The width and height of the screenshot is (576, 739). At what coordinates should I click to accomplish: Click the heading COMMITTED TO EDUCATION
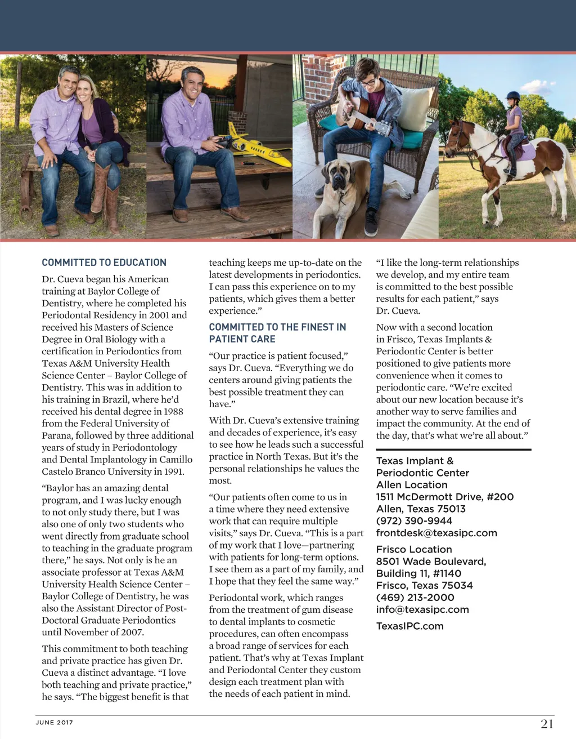pyautogui.click(x=104, y=262)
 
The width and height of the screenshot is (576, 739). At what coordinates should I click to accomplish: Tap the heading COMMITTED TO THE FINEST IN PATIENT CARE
pyautogui.click(x=277, y=333)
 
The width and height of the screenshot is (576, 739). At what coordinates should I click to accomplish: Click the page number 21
pyautogui.click(x=547, y=724)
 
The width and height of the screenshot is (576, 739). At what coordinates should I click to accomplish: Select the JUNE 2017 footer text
pyautogui.click(x=55, y=723)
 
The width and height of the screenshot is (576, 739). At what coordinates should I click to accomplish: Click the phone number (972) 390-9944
pyautogui.click(x=414, y=521)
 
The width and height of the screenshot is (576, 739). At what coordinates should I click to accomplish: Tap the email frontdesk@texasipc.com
pyautogui.click(x=436, y=533)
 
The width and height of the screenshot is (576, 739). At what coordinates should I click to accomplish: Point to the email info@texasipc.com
pyautogui.click(x=422, y=609)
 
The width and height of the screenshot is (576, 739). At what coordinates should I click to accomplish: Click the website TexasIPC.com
pyautogui.click(x=409, y=626)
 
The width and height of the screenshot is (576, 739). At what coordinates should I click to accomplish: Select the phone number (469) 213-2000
pyautogui.click(x=415, y=598)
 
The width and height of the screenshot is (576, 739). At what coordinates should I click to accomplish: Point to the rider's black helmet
pyautogui.click(x=513, y=96)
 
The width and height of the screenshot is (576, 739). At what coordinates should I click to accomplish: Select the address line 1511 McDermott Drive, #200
pyautogui.click(x=444, y=497)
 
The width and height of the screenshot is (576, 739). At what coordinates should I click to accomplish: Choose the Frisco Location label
pyautogui.click(x=414, y=550)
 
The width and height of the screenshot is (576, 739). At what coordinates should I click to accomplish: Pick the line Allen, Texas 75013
pyautogui.click(x=421, y=509)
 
